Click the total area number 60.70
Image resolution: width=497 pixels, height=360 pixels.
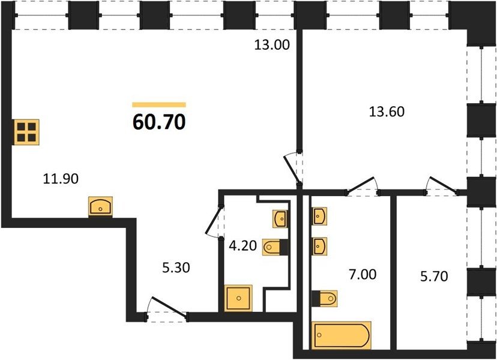[159, 122]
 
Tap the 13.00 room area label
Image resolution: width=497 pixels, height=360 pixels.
[272, 44]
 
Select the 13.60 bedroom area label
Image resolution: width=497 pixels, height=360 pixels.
[387, 112]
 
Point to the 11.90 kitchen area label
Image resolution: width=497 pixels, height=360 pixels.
[61, 179]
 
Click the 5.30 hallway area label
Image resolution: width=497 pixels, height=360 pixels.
[176, 268]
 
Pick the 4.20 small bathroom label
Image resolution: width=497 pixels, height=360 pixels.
[242, 245]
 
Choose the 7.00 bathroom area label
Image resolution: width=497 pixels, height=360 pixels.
[363, 274]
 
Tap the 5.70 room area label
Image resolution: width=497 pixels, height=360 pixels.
[434, 277]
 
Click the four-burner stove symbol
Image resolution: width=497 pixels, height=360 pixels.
[26, 132]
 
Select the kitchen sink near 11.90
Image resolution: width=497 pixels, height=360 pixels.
[100, 206]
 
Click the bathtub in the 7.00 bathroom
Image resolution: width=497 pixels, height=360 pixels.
[342, 335]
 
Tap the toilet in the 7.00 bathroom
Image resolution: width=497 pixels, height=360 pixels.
[325, 298]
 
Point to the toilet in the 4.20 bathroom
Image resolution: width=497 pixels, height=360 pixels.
[276, 247]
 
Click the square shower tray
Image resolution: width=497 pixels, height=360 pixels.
[238, 298]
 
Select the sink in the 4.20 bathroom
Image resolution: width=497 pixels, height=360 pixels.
[280, 218]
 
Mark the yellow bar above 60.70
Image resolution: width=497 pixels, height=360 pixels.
[159, 105]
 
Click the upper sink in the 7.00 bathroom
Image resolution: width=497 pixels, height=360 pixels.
[319, 217]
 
